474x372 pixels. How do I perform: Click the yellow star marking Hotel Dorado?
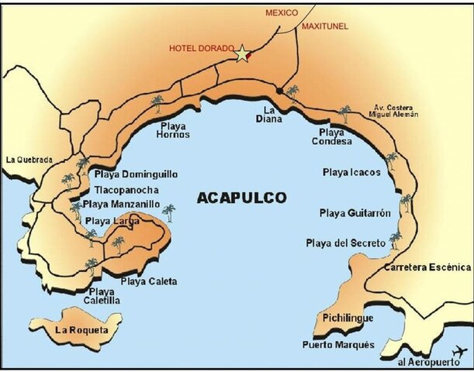click(243, 53)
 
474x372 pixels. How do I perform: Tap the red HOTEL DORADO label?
click(201, 48)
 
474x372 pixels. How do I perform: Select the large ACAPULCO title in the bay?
click(242, 197)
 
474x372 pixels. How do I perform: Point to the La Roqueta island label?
click(81, 329)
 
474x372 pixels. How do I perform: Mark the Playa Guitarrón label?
click(355, 212)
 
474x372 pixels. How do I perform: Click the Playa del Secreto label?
click(345, 243)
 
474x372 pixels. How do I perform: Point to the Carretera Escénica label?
click(428, 267)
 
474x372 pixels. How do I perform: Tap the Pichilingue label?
click(348, 319)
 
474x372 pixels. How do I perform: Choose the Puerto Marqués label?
click(339, 344)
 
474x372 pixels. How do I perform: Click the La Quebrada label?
click(29, 160)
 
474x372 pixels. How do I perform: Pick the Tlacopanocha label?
click(126, 190)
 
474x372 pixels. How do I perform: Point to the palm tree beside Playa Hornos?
click(157, 102)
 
